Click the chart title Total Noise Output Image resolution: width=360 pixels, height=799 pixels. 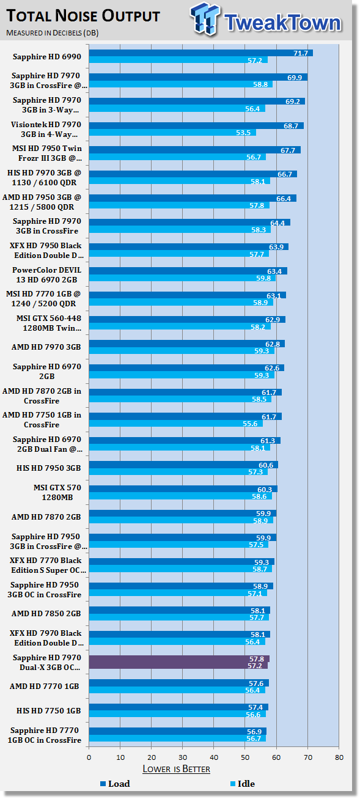84,16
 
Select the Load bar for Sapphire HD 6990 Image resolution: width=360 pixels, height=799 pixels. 200,53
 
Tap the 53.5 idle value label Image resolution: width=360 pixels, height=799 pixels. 246,133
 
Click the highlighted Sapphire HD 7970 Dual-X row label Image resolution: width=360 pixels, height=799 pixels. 47,662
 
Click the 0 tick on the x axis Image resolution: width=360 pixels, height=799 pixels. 89,756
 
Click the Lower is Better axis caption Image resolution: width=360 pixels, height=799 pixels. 176,768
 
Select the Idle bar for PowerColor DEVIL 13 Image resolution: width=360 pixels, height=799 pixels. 182,278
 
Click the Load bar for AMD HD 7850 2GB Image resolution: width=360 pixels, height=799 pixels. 179,610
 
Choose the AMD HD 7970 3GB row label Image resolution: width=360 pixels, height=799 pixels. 46,347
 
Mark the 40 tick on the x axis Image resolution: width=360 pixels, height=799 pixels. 214,756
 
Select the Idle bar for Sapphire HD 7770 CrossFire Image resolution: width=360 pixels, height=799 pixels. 177,738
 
